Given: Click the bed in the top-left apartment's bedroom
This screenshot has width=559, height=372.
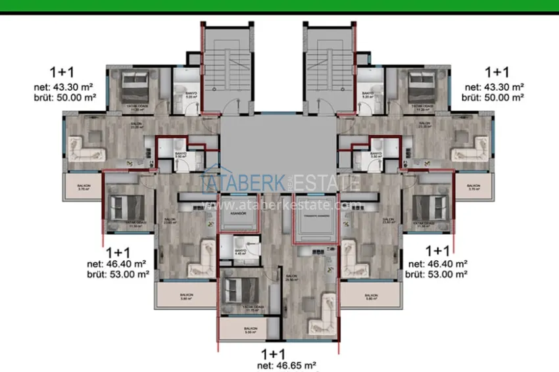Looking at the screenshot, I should click(137, 84).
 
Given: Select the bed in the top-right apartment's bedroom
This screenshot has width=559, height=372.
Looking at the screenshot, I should click(421, 84).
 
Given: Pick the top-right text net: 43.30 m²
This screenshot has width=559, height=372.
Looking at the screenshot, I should click(494, 86).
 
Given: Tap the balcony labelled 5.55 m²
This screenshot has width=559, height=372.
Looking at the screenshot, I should click(249, 331).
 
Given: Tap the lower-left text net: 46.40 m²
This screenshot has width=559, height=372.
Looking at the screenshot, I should click(118, 264).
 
